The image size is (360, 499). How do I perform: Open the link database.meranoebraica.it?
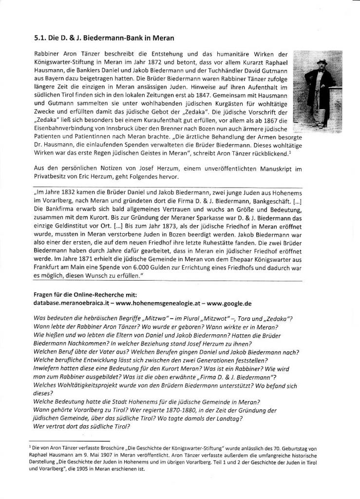click(x=71, y=303)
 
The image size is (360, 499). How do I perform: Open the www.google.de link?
click(x=228, y=303)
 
